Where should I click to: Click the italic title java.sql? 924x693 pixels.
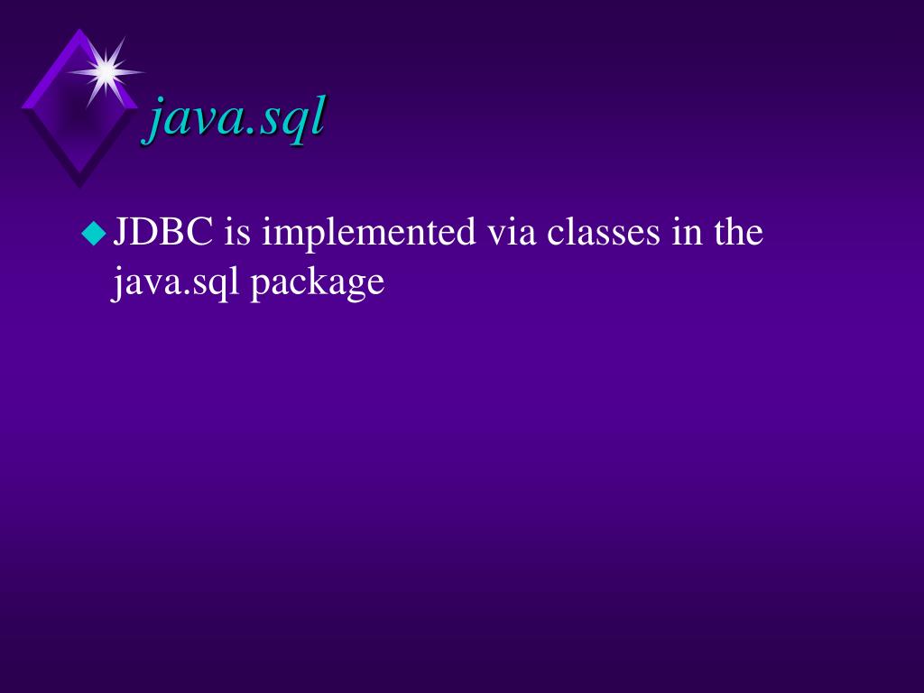pos(236,118)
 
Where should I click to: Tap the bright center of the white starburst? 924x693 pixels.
pos(106,70)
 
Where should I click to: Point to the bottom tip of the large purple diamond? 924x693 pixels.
pos(79,186)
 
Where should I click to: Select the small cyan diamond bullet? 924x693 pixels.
pos(93,235)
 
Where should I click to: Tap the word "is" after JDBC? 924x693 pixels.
pos(236,233)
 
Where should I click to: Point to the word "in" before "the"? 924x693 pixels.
pos(686,233)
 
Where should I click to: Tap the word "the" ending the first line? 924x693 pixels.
pos(739,233)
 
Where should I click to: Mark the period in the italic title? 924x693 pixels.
pos(248,134)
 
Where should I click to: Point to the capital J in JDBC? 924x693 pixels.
pos(120,233)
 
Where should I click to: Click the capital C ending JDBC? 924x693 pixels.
pos(200,233)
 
